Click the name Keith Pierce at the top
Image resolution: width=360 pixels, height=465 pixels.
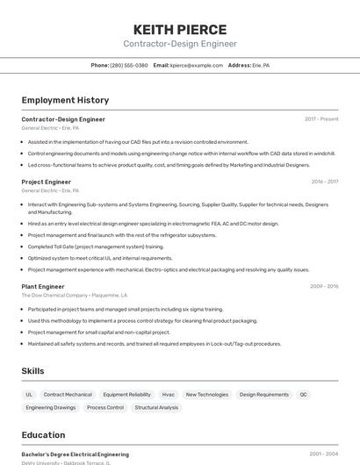179,29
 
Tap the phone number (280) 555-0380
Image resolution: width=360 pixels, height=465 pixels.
128,65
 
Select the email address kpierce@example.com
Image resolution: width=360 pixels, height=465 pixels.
197,65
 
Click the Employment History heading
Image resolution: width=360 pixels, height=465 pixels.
65,100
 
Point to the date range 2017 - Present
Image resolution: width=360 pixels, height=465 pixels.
321,119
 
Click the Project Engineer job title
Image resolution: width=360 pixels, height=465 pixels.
46,182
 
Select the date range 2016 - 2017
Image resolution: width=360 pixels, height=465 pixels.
324,182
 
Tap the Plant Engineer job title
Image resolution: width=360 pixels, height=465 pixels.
43,286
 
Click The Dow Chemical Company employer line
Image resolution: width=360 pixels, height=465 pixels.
75,296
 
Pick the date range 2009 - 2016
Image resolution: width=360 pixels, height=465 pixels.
324,286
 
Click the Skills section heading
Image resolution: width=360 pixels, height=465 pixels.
32,371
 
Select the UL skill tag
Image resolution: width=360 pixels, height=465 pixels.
29,395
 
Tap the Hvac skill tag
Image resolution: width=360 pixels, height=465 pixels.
168,395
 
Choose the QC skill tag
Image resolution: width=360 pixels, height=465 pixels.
304,395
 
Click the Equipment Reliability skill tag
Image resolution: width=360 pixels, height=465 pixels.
126,395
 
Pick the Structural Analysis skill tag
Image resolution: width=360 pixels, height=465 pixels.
156,408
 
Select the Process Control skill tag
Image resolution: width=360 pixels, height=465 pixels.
105,408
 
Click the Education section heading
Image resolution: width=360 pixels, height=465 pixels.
43,435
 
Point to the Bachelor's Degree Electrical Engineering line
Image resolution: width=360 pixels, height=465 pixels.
75,454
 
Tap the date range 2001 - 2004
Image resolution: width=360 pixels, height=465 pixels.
324,454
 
